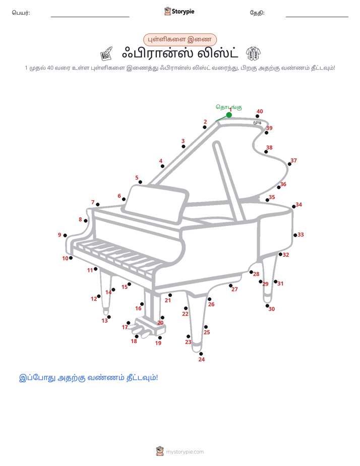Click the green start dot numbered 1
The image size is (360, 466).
point(229,114)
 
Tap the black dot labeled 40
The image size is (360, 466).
point(257,116)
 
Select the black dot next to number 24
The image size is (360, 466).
point(201,354)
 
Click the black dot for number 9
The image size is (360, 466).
point(65,236)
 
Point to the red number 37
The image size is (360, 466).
point(293,160)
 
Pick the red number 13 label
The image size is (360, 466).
point(104,321)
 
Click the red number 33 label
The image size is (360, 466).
point(301,235)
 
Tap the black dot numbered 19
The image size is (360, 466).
point(160,337)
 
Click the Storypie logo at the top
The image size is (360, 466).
point(179,11)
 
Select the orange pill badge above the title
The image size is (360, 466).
point(179,39)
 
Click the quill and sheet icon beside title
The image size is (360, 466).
point(106,53)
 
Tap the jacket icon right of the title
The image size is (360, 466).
point(253,53)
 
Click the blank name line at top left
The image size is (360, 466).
point(90,17)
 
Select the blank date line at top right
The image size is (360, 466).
point(317,17)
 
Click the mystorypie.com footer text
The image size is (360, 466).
point(185,452)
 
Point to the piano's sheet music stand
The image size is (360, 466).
point(156,204)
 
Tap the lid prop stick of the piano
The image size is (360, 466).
point(229,181)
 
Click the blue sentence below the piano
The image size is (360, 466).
point(89,378)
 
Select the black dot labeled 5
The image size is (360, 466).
point(140,182)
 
